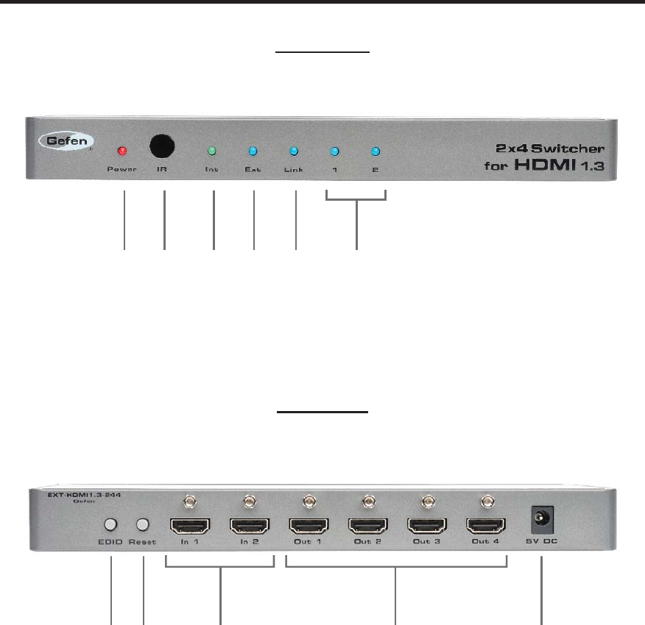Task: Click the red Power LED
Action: point(122,151)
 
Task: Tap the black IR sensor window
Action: point(163,146)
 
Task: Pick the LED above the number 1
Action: point(334,152)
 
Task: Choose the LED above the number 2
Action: point(375,152)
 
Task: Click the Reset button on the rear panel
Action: point(143,525)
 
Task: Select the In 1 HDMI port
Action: point(190,526)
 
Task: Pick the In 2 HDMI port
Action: point(250,526)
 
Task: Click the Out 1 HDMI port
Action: point(309,526)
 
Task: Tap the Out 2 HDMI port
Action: point(367,526)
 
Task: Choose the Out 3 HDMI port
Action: point(426,526)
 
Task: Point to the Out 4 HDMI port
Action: point(485,526)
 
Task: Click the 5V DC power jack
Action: point(542,520)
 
